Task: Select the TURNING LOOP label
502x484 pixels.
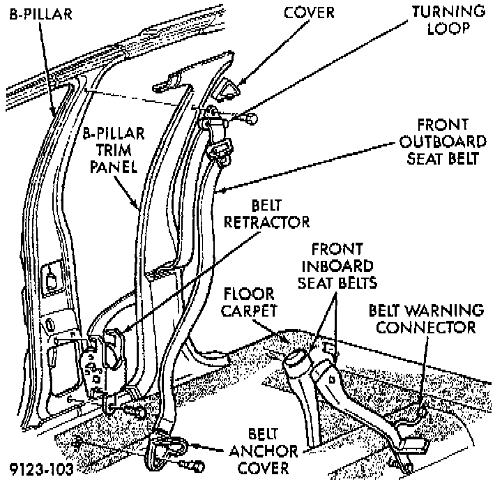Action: [447, 21]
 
